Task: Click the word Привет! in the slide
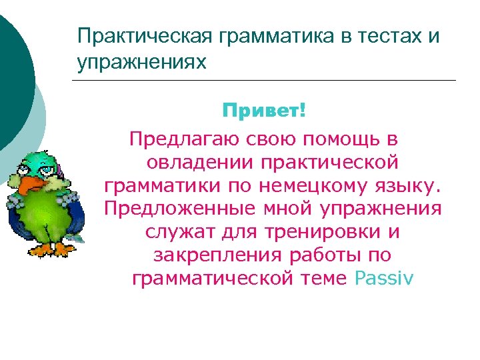pyautogui.click(x=265, y=111)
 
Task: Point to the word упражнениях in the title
pyautogui.click(x=142, y=63)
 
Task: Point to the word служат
pyautogui.click(x=176, y=231)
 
